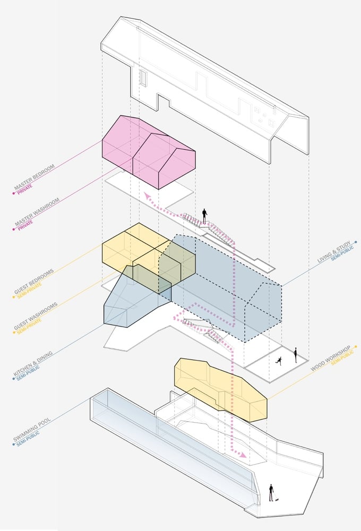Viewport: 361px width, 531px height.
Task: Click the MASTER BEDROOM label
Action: pos(34,177)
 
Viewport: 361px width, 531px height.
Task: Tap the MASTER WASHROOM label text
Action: pos(37,212)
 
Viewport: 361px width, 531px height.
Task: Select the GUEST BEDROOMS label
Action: pos(34,281)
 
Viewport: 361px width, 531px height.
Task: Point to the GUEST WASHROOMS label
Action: pos(36,316)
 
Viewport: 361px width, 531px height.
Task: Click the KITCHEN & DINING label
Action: pos(33,363)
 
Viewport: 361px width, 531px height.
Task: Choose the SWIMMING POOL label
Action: pos(32,430)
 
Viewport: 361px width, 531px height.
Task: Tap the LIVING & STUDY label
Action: pos(334,252)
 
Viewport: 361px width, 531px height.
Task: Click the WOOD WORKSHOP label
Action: pos(331,358)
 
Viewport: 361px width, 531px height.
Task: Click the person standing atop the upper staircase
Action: pos(204,216)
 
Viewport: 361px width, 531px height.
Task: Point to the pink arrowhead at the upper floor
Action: pos(148,196)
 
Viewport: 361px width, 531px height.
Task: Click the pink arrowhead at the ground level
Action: pos(242,455)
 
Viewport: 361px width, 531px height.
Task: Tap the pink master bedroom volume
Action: pos(149,152)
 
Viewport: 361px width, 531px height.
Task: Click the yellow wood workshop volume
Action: pos(220,389)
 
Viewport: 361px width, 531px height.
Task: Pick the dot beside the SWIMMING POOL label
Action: pos(14,444)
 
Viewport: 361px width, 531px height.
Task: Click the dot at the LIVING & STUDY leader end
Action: pos(356,242)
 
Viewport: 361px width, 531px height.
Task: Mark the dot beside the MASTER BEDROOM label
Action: pos(14,193)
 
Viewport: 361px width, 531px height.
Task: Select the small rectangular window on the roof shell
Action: pos(143,78)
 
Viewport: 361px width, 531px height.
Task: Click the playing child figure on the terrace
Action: pos(279,361)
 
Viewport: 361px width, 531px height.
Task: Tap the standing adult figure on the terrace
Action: pos(295,355)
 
